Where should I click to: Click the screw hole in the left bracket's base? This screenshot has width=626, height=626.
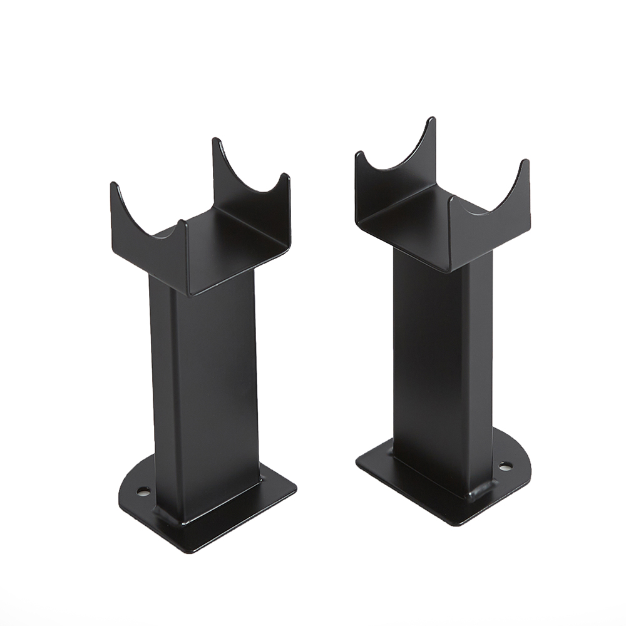point(144,492)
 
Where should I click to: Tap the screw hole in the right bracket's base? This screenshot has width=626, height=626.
point(505,466)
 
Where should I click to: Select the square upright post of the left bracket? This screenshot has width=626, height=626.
point(207,388)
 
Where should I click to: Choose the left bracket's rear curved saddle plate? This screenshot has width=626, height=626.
point(250,182)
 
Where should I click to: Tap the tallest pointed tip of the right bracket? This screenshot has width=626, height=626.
point(431,120)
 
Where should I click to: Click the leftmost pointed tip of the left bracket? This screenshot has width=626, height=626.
point(114,185)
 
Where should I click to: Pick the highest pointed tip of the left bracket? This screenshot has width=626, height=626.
point(216,141)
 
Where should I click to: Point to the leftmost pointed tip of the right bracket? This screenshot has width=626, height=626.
point(359,155)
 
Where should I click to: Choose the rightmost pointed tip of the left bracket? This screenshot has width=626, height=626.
point(286,177)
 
